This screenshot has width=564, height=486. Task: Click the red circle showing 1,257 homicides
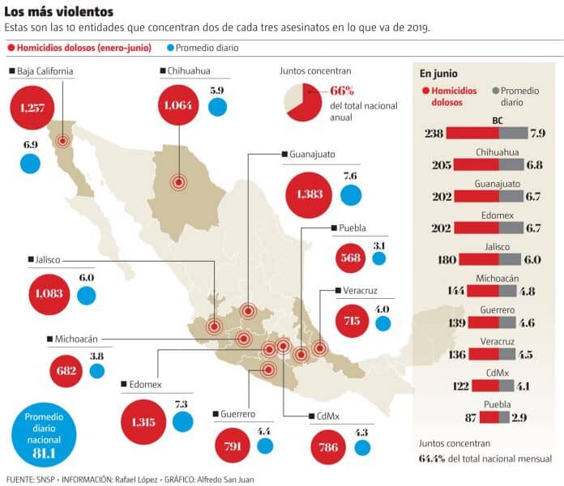click(32, 108)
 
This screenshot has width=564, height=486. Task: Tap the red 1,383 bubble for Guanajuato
click(310, 194)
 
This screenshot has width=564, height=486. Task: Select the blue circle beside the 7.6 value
click(351, 194)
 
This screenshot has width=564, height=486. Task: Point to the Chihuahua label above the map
click(189, 71)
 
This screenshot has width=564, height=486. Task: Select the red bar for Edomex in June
click(476, 228)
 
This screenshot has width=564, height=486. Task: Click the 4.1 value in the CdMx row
click(519, 386)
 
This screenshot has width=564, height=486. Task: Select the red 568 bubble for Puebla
click(351, 258)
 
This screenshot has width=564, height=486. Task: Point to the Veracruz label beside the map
click(360, 291)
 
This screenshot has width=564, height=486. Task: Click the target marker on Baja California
click(62, 140)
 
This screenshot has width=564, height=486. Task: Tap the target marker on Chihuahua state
click(178, 182)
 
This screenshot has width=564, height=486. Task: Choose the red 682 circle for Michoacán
click(67, 371)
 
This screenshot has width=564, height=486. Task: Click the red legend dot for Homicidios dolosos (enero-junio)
click(11, 48)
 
